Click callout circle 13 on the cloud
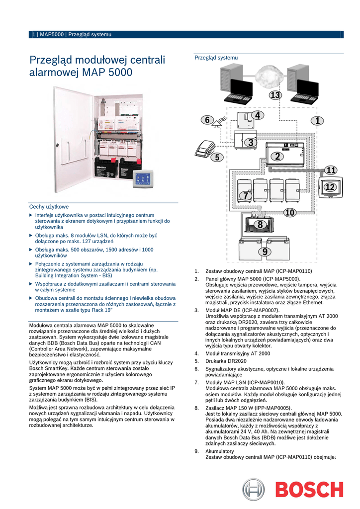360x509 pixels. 275,95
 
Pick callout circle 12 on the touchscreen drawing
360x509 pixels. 330,187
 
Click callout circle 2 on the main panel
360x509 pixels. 276,156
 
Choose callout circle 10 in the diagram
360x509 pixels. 290,213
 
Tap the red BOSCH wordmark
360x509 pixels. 309,490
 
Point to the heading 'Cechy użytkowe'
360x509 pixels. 49,206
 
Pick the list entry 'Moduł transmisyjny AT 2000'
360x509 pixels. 238,353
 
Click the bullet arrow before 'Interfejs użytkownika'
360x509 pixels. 31,215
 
